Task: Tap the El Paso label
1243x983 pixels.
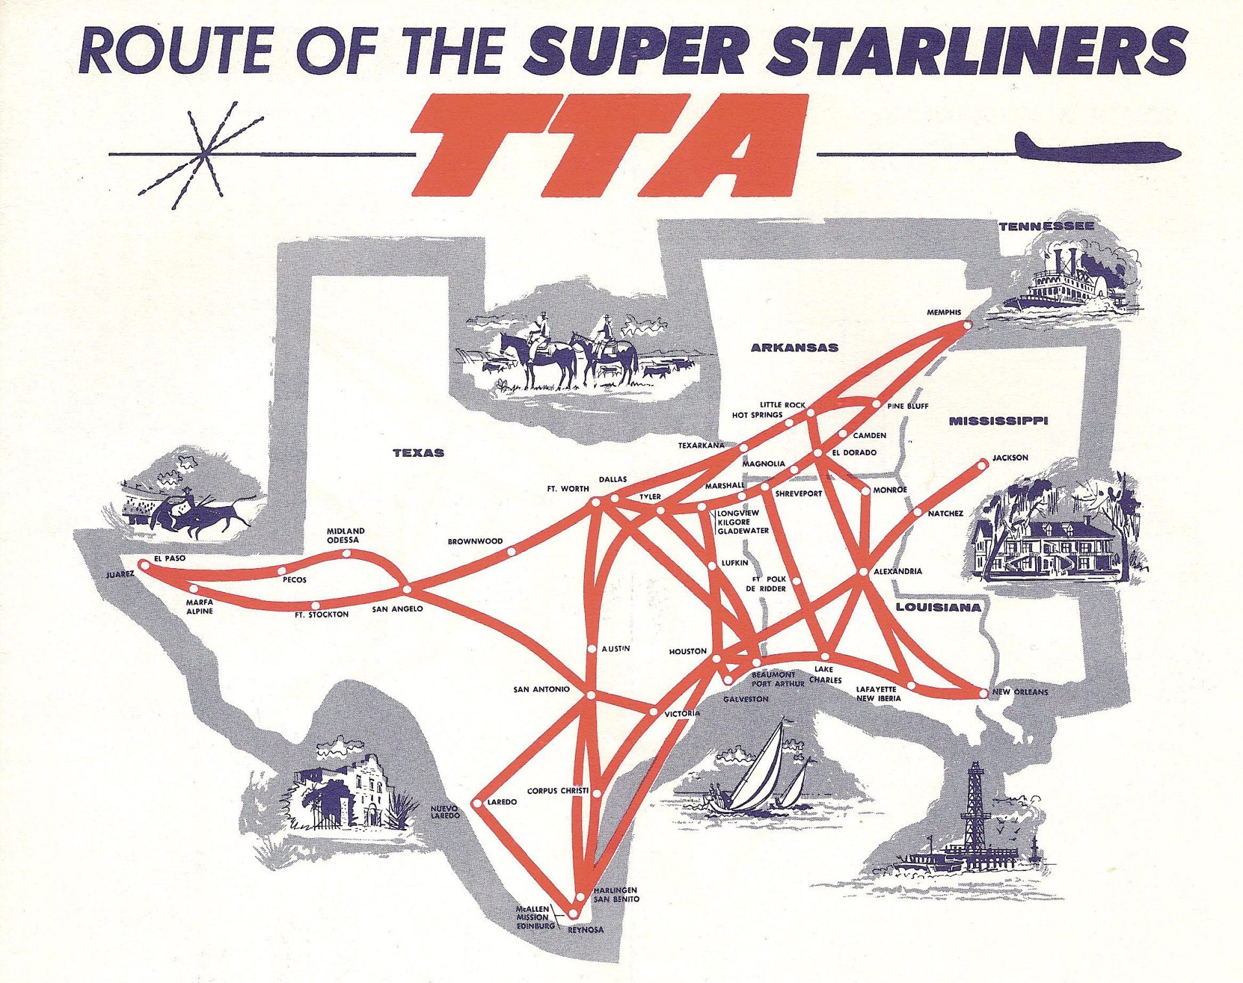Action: [x=169, y=558]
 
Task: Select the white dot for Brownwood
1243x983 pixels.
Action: [x=511, y=552]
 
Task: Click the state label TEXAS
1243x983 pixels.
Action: [x=418, y=453]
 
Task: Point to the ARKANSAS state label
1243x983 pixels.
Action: [x=794, y=348]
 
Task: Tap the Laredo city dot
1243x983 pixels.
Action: [x=476, y=804]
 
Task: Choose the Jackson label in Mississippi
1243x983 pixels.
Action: [x=1010, y=458]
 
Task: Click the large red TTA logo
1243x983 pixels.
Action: [x=609, y=146]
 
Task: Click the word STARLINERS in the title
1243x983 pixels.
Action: [x=976, y=50]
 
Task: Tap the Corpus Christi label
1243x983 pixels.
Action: [x=557, y=791]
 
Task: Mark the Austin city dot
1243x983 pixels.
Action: [x=592, y=648]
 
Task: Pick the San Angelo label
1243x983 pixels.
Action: [x=397, y=609]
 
